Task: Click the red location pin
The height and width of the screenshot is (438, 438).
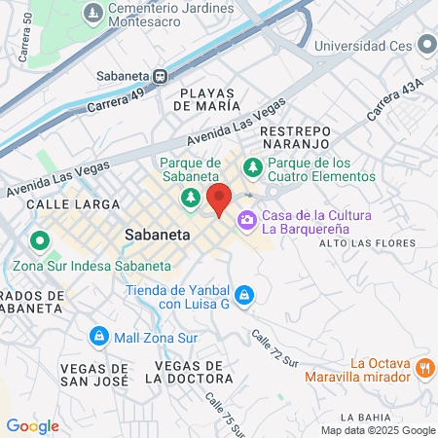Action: [x=219, y=199]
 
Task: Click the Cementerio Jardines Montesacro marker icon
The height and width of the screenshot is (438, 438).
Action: [x=93, y=14]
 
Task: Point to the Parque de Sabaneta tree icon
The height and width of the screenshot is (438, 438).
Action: [x=191, y=198]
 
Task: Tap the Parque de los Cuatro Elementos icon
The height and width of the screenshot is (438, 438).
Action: [x=252, y=166]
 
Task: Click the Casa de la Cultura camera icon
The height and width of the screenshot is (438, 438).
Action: [x=247, y=220]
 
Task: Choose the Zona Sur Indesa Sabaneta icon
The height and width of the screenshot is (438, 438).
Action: [x=40, y=239]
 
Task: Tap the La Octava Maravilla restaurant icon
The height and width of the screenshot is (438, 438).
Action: [x=424, y=368]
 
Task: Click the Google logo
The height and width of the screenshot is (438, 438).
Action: [x=32, y=425]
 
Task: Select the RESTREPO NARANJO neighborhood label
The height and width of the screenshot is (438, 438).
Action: [x=296, y=137]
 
